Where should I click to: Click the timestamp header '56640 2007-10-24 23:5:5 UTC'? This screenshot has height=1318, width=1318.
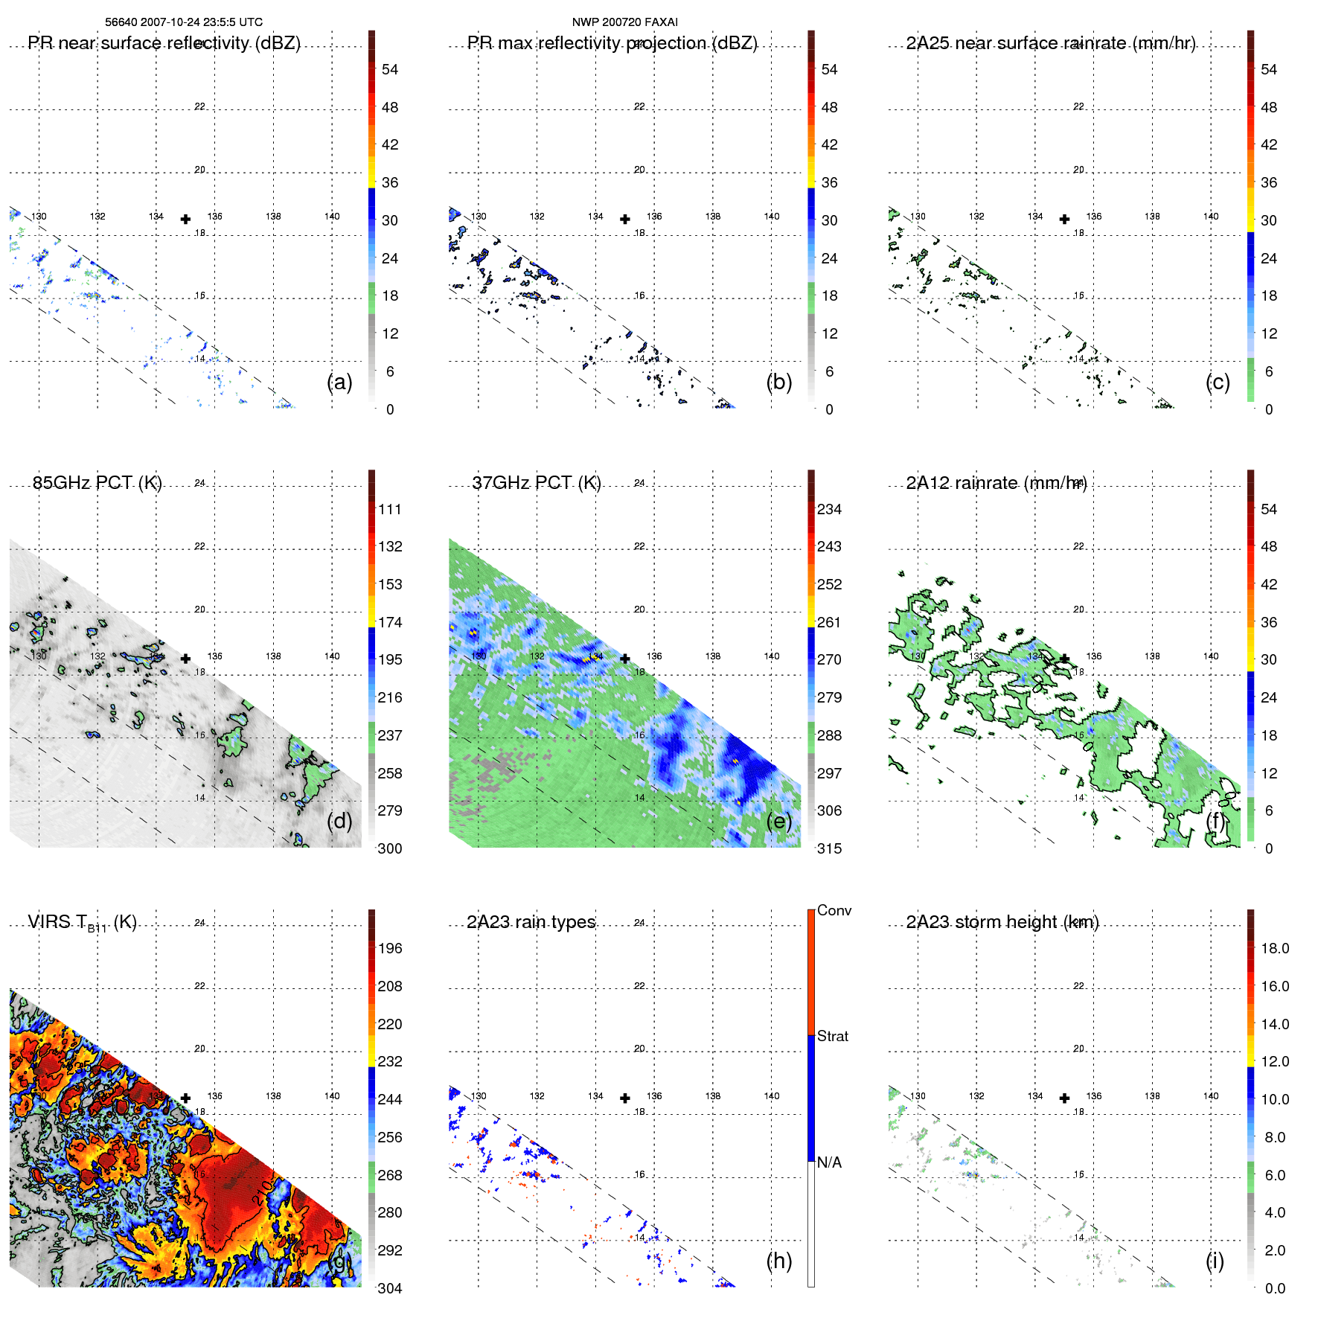[x=184, y=22]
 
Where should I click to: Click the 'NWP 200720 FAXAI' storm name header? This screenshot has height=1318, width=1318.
[x=624, y=22]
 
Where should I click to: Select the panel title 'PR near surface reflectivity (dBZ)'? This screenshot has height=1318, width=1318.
[x=164, y=43]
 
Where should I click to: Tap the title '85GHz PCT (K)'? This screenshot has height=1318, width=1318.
[x=97, y=483]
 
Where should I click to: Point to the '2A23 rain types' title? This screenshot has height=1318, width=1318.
[x=531, y=922]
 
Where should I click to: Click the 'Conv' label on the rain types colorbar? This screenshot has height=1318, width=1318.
[x=834, y=910]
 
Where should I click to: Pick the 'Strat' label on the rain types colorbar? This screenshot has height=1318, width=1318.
[x=832, y=1036]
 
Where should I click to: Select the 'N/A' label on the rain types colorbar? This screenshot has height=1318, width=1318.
[x=829, y=1162]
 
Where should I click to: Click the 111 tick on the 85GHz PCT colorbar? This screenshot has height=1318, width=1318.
[x=390, y=509]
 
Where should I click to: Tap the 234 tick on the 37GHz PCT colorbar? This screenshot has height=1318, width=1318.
[x=829, y=509]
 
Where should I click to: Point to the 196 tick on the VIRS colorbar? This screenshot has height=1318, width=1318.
[x=390, y=948]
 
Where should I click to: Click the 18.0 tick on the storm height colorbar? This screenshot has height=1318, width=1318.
[x=1274, y=948]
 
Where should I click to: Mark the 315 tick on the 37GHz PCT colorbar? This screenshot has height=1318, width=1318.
[x=829, y=848]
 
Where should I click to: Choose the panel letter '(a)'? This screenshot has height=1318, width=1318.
[x=339, y=382]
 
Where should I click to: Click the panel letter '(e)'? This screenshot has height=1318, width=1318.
[x=779, y=821]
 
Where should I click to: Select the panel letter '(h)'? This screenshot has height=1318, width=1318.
[x=779, y=1260]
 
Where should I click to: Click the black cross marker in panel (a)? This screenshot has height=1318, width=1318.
[x=185, y=219]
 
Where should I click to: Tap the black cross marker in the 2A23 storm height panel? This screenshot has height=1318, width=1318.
[x=1064, y=1098]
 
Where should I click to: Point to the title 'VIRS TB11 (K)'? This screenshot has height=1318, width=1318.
[x=82, y=923]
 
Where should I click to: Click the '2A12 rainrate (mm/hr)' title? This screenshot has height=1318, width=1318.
[x=996, y=483]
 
